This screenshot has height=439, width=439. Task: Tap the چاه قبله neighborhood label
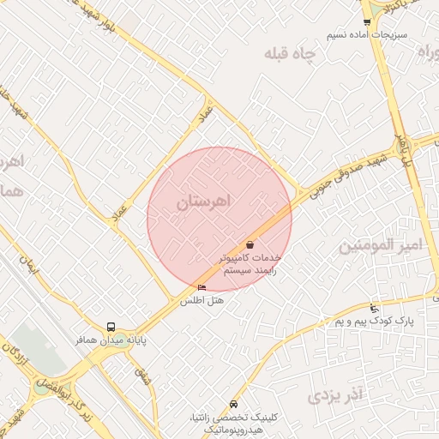(x=290, y=54)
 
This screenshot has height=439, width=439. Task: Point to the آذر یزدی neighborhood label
(x=336, y=395)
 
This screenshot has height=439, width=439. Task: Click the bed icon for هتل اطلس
(x=202, y=288)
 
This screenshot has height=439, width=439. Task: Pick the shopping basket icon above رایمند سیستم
(x=250, y=245)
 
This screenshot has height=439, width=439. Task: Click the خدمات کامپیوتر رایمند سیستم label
(x=250, y=263)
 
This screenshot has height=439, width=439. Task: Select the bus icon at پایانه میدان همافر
(x=111, y=327)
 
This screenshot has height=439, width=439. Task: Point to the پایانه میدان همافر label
(x=109, y=340)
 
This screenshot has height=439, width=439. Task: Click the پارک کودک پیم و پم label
(x=374, y=321)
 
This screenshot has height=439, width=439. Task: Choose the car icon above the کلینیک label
(x=234, y=405)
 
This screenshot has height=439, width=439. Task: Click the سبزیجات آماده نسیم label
(x=366, y=36)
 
